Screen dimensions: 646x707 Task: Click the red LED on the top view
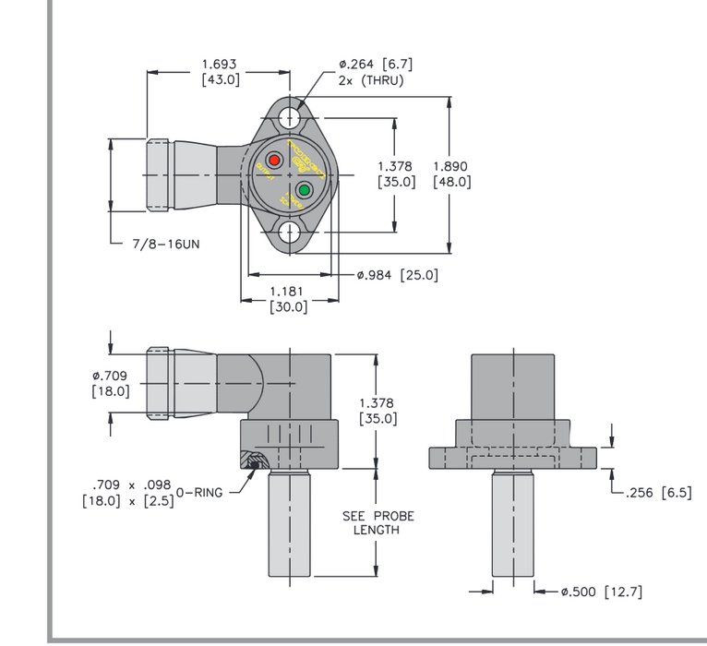pyautogui.click(x=275, y=156)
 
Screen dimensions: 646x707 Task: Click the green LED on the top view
pyautogui.click(x=305, y=191)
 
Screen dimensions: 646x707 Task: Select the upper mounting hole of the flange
pyautogui.click(x=290, y=117)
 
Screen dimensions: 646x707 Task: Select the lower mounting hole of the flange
pyautogui.click(x=290, y=232)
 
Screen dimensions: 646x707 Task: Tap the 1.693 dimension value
pyautogui.click(x=220, y=65)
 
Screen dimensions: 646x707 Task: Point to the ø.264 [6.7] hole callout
pyautogui.click(x=375, y=65)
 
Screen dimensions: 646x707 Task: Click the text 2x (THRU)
pyautogui.click(x=371, y=80)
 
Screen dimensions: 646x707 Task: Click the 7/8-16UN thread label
pyautogui.click(x=166, y=245)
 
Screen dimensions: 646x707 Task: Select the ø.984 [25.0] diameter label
pyautogui.click(x=397, y=275)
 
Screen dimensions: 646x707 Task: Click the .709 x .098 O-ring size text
pyautogui.click(x=132, y=484)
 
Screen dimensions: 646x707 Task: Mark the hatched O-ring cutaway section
pyautogui.click(x=255, y=460)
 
